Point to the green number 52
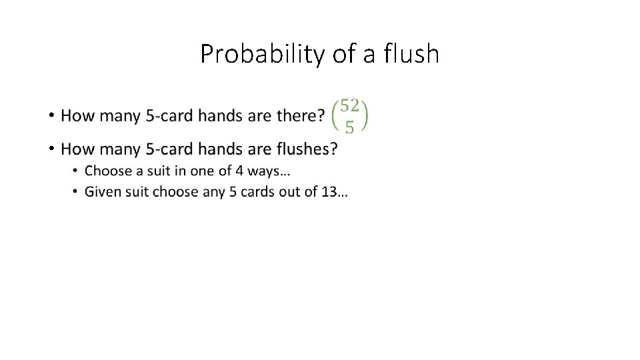click(x=350, y=105)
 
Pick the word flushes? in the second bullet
click(x=305, y=149)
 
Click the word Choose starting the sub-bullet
click(x=109, y=171)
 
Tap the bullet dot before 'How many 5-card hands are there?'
click(x=51, y=117)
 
